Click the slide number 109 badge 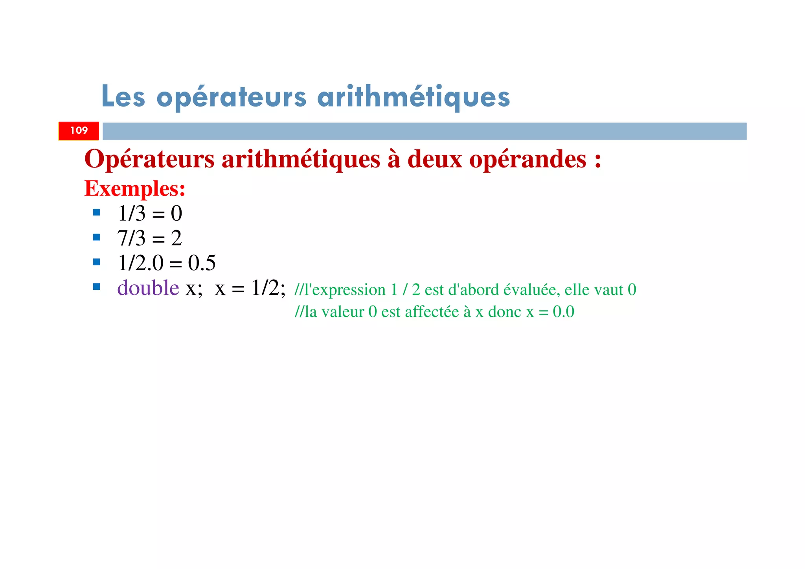tap(79, 131)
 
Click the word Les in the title tap(123, 96)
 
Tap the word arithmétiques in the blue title tap(414, 97)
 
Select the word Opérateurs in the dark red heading tap(149, 159)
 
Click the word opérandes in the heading tap(528, 160)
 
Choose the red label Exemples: tap(135, 188)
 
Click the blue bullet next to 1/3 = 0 tap(97, 213)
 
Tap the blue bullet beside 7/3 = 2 tap(97, 238)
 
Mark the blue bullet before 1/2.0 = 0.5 tap(97, 262)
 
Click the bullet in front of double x tap(97, 287)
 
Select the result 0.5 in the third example tap(202, 263)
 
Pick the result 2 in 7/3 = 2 tap(176, 238)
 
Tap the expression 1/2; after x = tap(268, 288)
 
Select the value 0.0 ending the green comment tap(563, 312)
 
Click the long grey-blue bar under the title tap(425, 131)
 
